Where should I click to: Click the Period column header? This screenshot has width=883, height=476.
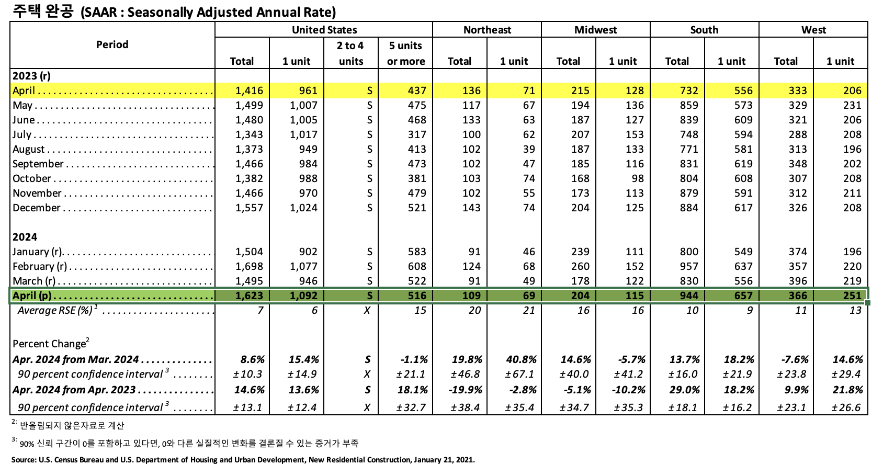coord(112,44)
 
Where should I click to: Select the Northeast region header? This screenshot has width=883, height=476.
coord(487,30)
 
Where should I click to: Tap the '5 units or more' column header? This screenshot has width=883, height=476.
coord(405,53)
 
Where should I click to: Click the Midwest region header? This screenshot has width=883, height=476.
coord(595,30)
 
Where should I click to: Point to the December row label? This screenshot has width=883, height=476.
coord(37,208)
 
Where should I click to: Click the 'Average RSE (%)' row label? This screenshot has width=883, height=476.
coord(55,310)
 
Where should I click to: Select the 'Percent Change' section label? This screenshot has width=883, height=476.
coord(49,344)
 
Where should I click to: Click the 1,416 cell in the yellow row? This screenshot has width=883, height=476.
coord(249,90)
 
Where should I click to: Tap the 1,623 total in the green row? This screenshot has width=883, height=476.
coord(249,296)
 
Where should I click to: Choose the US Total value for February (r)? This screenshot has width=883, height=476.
coord(249,266)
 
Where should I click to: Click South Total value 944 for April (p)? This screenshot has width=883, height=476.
coord(688,296)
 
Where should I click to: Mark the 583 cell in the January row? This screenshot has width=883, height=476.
coord(417,252)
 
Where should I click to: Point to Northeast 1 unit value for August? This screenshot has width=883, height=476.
coord(529,149)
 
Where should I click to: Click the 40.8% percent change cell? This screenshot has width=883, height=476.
coord(521,359)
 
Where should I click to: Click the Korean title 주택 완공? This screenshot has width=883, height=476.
coord(43,11)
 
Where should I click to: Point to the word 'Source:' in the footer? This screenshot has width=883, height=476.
coord(24,460)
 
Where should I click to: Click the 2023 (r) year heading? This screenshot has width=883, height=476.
coord(31,76)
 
